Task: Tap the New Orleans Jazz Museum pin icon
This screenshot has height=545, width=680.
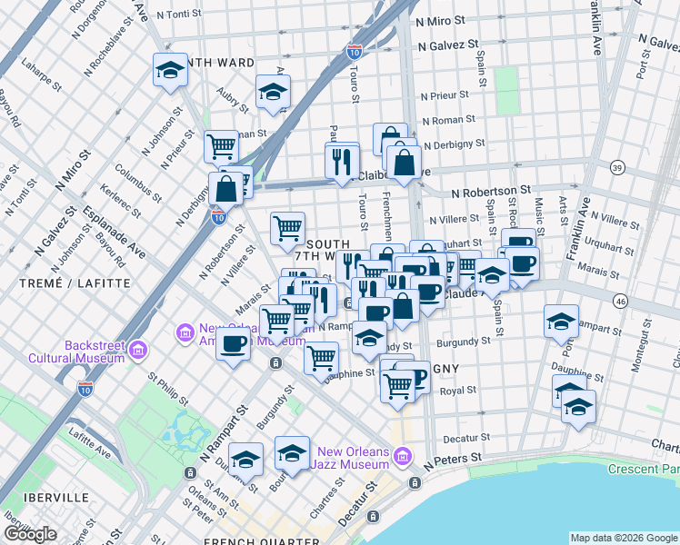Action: tap(405, 455)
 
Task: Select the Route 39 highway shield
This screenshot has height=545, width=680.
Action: tap(617, 168)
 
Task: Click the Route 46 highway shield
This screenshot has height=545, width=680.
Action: tap(621, 301)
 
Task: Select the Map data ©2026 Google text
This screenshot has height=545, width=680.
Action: tap(624, 538)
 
